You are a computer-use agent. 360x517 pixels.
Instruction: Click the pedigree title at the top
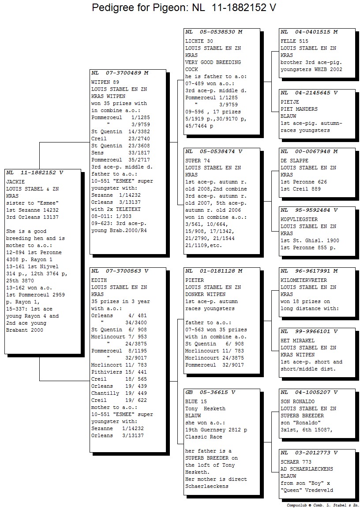click(x=184, y=7)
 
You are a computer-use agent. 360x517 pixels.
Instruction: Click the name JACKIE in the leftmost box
click(x=15, y=182)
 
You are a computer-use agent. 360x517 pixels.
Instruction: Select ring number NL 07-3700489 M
click(x=120, y=73)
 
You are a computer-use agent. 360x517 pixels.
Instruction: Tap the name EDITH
click(x=99, y=280)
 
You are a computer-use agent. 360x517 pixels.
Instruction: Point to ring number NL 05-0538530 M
click(x=214, y=32)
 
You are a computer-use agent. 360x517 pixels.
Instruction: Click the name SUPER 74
click(x=198, y=161)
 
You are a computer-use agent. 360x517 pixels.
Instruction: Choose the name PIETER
click(x=195, y=280)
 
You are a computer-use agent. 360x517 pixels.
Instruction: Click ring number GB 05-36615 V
click(x=210, y=392)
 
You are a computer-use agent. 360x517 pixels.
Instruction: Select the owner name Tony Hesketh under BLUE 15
click(x=206, y=408)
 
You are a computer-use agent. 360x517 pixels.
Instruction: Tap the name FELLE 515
click(x=294, y=41)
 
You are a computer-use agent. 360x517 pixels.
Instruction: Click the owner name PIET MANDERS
click(x=299, y=109)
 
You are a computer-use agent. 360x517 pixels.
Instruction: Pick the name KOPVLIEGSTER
click(x=299, y=219)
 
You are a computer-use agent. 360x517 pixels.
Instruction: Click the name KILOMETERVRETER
click(x=304, y=280)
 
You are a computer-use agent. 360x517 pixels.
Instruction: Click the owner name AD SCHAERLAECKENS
click(x=307, y=469)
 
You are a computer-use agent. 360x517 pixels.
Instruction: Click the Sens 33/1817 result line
click(x=120, y=153)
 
